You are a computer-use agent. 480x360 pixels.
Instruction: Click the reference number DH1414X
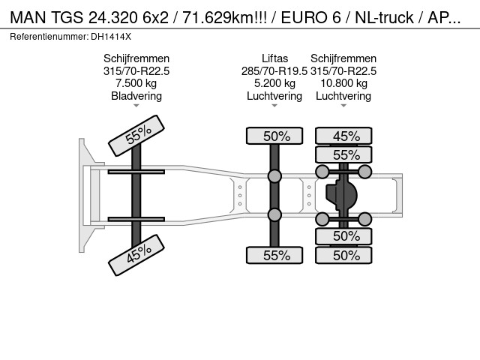click(111, 37)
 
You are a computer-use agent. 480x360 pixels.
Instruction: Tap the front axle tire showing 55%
click(136, 136)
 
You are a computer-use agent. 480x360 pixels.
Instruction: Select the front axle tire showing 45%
click(136, 255)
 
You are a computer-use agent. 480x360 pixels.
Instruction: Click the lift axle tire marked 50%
click(274, 136)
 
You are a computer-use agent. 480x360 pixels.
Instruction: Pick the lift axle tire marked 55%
click(274, 255)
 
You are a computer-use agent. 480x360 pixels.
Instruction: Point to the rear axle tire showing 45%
click(343, 136)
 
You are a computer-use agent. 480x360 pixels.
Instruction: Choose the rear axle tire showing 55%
click(343, 154)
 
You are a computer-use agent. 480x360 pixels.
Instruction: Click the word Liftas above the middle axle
click(275, 58)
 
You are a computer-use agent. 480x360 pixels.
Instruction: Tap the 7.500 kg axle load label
click(136, 83)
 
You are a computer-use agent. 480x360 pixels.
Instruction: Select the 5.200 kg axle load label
click(275, 83)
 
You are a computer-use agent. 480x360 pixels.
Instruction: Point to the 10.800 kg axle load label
click(343, 83)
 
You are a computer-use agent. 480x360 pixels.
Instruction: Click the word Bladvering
click(136, 96)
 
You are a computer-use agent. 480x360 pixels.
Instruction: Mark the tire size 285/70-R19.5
click(274, 71)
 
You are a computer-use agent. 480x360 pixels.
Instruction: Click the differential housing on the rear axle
click(342, 195)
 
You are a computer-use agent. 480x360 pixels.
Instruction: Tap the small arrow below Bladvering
click(136, 106)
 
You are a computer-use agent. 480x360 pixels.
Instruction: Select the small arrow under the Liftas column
click(274, 106)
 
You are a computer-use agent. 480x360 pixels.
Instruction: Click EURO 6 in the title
click(310, 17)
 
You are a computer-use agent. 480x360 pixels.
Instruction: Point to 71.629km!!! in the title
click(225, 17)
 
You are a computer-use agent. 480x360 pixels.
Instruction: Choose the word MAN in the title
click(28, 17)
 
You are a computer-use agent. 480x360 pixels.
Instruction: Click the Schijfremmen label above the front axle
click(136, 58)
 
